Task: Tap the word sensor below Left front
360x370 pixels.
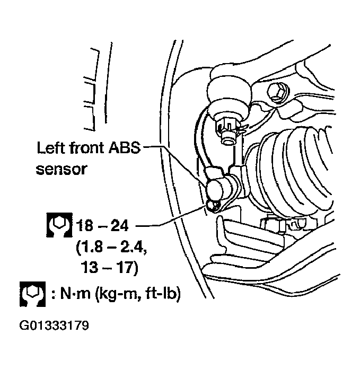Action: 62,170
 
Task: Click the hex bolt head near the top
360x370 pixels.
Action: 276,92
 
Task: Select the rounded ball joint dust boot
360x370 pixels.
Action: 230,92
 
